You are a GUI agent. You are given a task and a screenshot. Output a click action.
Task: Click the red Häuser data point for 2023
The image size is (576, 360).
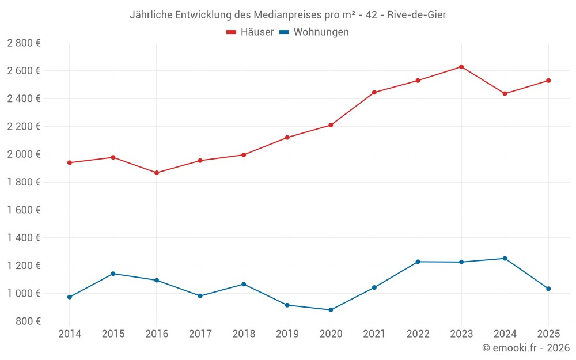click(461, 67)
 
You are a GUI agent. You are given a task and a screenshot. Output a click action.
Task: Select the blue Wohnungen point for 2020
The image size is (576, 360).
click(331, 310)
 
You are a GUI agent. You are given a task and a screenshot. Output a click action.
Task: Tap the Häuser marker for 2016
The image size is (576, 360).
click(157, 173)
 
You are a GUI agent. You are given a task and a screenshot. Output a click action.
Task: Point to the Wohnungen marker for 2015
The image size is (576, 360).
click(113, 274)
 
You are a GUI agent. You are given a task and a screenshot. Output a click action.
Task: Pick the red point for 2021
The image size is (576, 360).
click(374, 92)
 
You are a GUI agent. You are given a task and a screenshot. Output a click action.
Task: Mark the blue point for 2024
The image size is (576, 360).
click(505, 259)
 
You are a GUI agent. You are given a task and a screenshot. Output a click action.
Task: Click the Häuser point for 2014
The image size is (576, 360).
click(70, 162)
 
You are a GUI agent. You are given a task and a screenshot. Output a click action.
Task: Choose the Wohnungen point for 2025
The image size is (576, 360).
click(548, 289)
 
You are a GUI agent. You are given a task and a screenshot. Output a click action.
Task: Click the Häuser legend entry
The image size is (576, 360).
click(250, 32)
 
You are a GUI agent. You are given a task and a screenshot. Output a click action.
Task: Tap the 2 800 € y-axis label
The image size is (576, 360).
click(24, 43)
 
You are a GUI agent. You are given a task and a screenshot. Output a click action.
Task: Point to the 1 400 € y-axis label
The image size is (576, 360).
click(24, 238)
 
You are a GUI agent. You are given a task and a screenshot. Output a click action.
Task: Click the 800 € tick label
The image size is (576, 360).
click(28, 321)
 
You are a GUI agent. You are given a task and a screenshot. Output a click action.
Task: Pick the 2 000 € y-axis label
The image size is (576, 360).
click(24, 154)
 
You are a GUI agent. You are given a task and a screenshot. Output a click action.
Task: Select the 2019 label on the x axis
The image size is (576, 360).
click(287, 334)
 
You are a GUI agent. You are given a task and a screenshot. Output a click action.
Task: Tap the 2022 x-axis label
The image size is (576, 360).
click(418, 334)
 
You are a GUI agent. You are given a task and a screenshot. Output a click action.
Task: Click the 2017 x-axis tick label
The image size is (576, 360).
click(200, 334)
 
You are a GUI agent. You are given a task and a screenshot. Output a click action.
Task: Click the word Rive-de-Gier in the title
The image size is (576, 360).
click(416, 15)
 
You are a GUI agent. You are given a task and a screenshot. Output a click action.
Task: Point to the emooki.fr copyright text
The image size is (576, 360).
click(526, 348)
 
